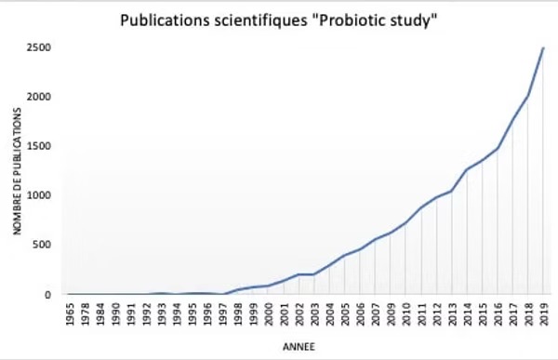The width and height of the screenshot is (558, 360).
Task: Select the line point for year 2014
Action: click(x=466, y=169)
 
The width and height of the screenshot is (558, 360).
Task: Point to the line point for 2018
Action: click(x=527, y=95)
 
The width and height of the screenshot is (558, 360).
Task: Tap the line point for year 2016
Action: click(x=498, y=148)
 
